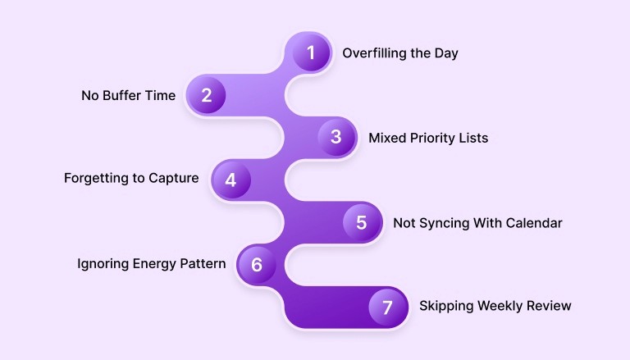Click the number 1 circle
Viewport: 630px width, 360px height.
311,53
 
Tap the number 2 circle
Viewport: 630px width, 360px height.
207,95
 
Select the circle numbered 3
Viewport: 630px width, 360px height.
336,137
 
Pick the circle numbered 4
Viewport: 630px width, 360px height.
231,180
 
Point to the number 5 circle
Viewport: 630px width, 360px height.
361,222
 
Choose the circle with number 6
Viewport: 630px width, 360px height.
257,264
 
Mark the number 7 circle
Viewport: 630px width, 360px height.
387,307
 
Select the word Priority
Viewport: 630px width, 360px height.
433,138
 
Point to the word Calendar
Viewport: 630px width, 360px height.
535,222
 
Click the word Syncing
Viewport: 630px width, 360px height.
443,223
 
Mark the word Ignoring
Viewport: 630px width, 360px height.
102,264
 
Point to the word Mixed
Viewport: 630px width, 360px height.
386,138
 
